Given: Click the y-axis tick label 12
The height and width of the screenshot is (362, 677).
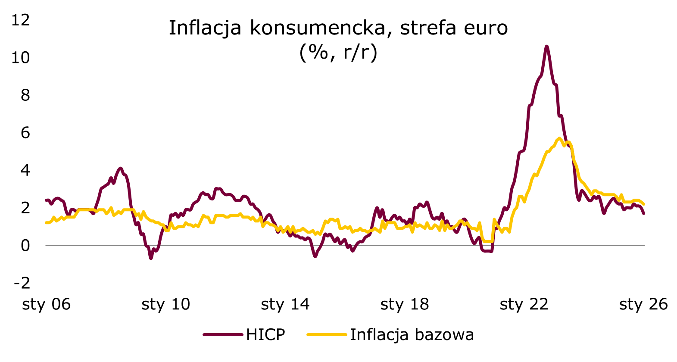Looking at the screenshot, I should [x=21, y=20].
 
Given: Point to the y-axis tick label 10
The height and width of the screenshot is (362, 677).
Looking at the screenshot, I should [x=21, y=57].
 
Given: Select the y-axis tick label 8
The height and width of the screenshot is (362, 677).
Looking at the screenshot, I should [x=25, y=95].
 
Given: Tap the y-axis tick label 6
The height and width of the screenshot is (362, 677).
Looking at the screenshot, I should [x=25, y=132].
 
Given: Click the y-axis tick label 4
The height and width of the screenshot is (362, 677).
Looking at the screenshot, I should [x=25, y=170].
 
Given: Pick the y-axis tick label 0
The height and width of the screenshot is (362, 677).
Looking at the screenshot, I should [x=25, y=245].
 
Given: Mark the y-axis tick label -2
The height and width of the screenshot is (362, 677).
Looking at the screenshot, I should [x=22, y=283].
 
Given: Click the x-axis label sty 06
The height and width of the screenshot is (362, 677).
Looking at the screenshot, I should [x=46, y=304].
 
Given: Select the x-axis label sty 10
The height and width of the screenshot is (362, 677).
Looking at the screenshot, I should [x=165, y=304].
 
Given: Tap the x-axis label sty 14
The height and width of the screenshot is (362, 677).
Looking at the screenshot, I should [x=285, y=304].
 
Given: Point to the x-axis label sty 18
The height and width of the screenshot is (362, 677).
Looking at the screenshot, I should [x=404, y=304].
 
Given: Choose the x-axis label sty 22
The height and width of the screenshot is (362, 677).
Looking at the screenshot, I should [x=524, y=304].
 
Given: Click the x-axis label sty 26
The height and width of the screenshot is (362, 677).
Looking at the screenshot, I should [x=643, y=304].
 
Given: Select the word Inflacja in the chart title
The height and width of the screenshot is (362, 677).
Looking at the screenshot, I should [x=205, y=28].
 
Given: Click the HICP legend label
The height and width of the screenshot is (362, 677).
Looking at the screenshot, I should [x=265, y=335].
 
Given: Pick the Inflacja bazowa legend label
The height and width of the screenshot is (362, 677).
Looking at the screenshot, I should [x=412, y=335].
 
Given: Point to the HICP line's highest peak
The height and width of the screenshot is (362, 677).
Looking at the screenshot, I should [x=546, y=46].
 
